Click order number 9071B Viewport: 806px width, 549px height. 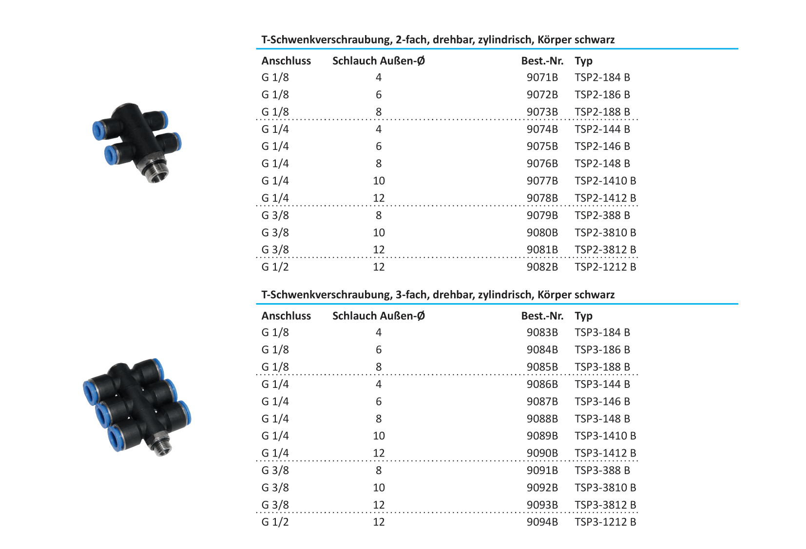pyautogui.click(x=542, y=77)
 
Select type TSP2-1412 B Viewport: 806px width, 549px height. pyautogui.click(x=605, y=198)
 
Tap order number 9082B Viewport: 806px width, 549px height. pyautogui.click(x=542, y=267)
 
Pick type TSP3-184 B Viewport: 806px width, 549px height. pyautogui.click(x=602, y=332)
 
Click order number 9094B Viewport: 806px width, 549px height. pyautogui.click(x=542, y=522)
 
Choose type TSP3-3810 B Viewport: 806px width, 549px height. pyautogui.click(x=605, y=488)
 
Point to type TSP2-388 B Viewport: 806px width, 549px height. pyautogui.click(x=602, y=215)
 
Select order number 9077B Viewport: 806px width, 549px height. pyautogui.click(x=542, y=181)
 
